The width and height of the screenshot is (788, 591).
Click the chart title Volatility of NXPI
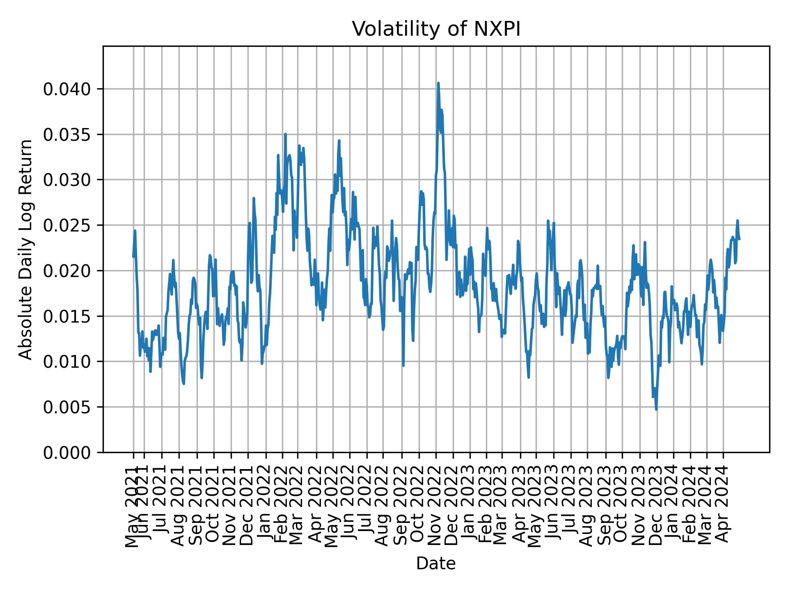[x=436, y=29]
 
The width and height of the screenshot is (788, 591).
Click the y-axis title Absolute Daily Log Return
[x=26, y=249]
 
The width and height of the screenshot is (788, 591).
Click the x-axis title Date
[x=436, y=564]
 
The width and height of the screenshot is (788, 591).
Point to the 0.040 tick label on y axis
[x=67, y=89]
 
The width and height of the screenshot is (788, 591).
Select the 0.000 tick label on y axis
[x=67, y=452]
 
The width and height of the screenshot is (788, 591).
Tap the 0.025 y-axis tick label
[x=67, y=225]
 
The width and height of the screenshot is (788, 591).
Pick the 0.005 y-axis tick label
[x=67, y=407]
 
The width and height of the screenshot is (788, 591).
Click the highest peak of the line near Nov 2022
[x=438, y=83]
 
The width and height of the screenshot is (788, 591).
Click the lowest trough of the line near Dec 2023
[x=656, y=409]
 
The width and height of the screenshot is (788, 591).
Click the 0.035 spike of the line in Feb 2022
[x=285, y=134]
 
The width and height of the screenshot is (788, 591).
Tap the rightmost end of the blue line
[x=740, y=239]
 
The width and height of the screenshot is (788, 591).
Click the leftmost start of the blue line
[x=133, y=257]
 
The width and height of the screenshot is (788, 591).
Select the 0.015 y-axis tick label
[x=67, y=316]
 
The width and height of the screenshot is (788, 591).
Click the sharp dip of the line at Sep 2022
[x=403, y=365]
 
